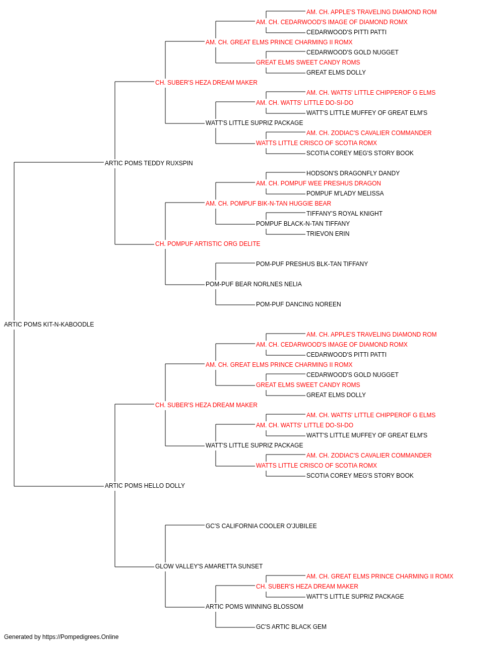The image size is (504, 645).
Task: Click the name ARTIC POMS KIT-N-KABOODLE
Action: click(x=49, y=325)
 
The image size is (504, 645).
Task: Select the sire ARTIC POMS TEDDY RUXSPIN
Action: click(x=149, y=163)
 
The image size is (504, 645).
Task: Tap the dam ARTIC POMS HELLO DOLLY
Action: click(x=145, y=486)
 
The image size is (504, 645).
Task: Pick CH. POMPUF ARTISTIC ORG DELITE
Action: click(x=208, y=244)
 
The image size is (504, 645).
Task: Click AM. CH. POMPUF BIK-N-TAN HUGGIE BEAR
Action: click(x=268, y=203)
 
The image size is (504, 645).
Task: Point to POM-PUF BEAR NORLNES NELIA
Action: click(x=254, y=284)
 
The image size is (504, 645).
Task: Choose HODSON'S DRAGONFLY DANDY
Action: click(x=353, y=173)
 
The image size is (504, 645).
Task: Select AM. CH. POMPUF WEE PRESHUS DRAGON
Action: click(x=318, y=183)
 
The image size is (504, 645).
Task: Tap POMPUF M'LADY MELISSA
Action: click(x=345, y=193)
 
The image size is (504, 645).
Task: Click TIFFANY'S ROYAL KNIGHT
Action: click(x=344, y=214)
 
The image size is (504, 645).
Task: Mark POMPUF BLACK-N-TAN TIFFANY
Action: click(x=303, y=224)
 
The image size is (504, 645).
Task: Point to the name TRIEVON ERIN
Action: click(x=328, y=234)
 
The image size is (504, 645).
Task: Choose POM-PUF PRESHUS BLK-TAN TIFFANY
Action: click(x=312, y=264)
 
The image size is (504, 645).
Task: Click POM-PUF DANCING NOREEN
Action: click(x=298, y=304)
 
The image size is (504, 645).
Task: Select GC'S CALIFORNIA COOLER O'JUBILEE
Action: click(x=261, y=526)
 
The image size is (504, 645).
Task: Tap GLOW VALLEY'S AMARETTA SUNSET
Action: click(x=209, y=566)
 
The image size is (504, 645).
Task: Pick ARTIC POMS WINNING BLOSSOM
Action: click(x=255, y=607)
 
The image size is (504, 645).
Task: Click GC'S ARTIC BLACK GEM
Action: click(x=291, y=627)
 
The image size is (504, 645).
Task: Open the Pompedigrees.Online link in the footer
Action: click(x=81, y=637)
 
